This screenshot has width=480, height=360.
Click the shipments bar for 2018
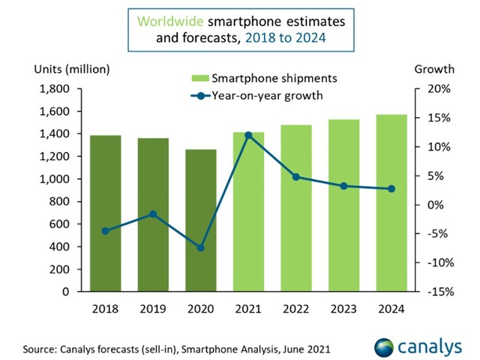click(x=106, y=213)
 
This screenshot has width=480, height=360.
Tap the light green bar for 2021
click(x=248, y=225)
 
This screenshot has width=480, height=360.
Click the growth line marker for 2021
click(x=248, y=135)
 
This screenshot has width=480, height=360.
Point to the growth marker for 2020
click(x=201, y=247)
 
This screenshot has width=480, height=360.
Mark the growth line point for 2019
click(x=153, y=214)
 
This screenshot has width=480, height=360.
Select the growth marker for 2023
click(x=343, y=186)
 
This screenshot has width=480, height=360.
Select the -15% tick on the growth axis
click(x=437, y=291)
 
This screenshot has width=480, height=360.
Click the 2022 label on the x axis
click(x=296, y=308)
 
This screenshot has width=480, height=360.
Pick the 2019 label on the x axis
click(x=153, y=308)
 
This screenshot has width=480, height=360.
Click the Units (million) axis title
click(x=72, y=70)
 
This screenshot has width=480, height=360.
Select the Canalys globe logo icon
click(x=385, y=346)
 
